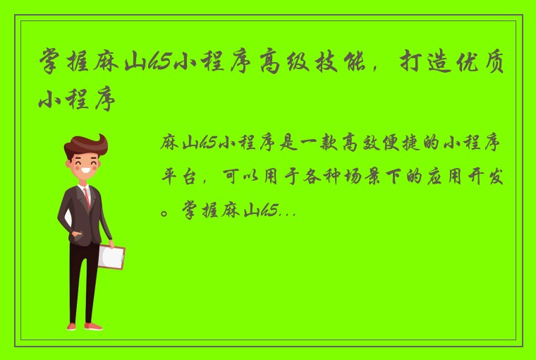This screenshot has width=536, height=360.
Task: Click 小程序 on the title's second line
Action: tap(76, 101)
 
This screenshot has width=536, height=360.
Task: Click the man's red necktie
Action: tap(87, 196)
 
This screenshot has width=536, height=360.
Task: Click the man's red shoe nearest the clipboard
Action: tap(92, 326)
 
